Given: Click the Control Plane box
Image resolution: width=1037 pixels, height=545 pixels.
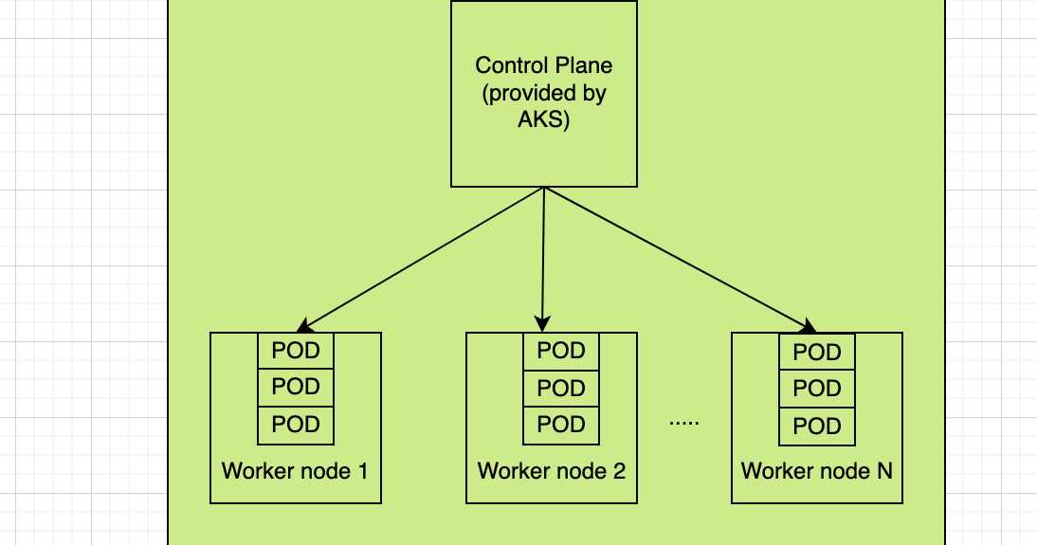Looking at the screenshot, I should pos(543,152).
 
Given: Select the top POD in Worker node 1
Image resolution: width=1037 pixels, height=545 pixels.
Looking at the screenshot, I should pos(296,351).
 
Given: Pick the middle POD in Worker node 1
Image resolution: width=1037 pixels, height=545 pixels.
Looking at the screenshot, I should pos(296,387).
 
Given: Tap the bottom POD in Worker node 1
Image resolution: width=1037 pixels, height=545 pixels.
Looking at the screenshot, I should pos(296,425).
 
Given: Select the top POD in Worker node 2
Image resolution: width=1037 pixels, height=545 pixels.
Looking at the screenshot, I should pos(561,351).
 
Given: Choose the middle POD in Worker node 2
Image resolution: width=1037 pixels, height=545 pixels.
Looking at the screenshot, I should pos(561,388).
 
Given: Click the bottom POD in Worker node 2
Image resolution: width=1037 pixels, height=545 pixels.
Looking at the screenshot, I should pos(561,425).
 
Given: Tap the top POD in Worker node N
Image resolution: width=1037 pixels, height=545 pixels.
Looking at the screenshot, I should pos(817,353).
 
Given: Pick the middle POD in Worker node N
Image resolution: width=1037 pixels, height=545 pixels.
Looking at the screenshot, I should pos(817,389).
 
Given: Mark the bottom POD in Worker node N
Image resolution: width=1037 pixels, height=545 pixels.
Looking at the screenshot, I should pos(817,427).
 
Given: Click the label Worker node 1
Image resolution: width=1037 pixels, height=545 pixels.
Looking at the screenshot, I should pos(295,470).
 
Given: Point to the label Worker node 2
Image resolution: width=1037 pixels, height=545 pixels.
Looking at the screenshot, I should pos(552,470).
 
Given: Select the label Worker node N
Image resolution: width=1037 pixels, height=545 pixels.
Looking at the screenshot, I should pos(817,470).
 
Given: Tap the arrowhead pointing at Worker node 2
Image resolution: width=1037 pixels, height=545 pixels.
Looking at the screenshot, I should pos(542,322).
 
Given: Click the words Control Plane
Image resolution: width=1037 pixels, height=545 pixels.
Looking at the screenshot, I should pos(543,65).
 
